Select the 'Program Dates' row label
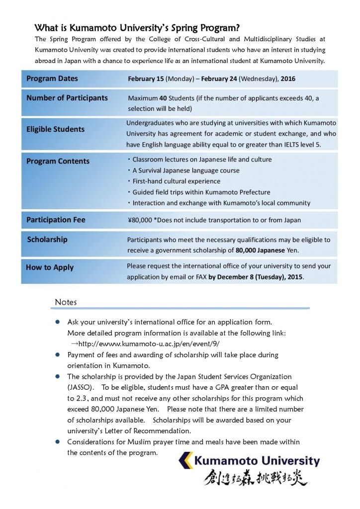pos(52,79)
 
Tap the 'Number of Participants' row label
pos(67,98)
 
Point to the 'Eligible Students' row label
pos(56,129)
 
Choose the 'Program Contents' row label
pos(58,161)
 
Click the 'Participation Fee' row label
pos(56,220)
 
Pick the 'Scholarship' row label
pos(47,239)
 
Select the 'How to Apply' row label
pos(50,267)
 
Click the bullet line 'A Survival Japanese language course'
pos(185,170)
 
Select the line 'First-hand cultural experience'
pos(176,181)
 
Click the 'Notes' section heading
pos(66,302)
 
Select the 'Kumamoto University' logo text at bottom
pos(257,461)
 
